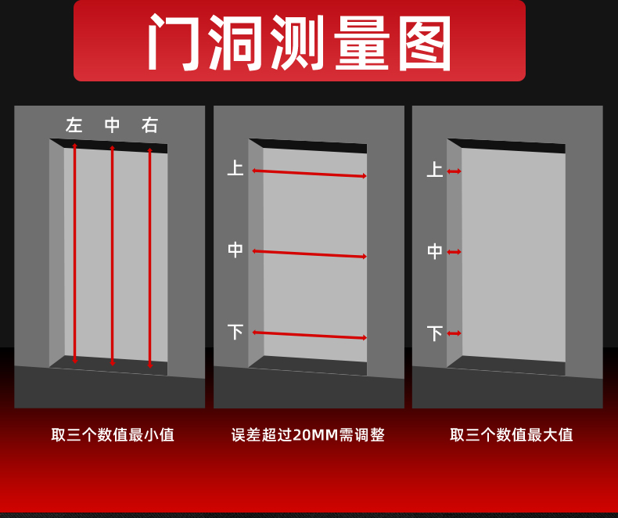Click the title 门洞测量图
pyautogui.click(x=300, y=43)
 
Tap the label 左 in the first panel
pyautogui.click(x=74, y=125)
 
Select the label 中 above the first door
pyautogui.click(x=113, y=125)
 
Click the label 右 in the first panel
pyautogui.click(x=150, y=125)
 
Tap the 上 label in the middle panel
pyautogui.click(x=235, y=168)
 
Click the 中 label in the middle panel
pyautogui.click(x=235, y=250)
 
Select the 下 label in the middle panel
pyautogui.click(x=235, y=332)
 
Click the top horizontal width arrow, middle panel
pyautogui.click(x=309, y=173)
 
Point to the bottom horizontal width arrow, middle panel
pyautogui.click(x=309, y=335)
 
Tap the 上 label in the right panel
pyautogui.click(x=434, y=170)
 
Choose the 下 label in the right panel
pyautogui.click(x=434, y=333)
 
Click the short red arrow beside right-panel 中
pyautogui.click(x=454, y=252)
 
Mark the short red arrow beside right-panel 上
pyautogui.click(x=454, y=171)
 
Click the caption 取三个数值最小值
pyautogui.click(x=113, y=435)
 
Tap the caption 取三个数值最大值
pyautogui.click(x=511, y=435)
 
